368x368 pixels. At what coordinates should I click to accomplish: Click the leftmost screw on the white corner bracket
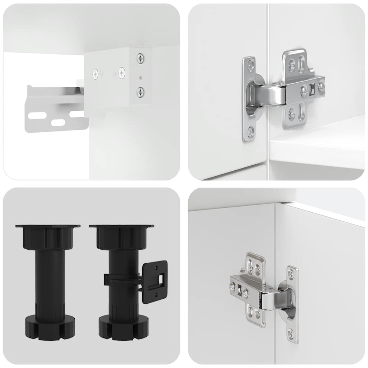click(x=96, y=74)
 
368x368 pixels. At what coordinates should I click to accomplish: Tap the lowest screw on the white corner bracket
click(x=140, y=92)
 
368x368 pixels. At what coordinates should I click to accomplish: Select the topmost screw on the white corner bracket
click(x=140, y=57)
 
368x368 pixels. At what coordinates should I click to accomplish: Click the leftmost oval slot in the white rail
click(x=37, y=116)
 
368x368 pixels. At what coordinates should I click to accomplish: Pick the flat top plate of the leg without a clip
click(x=47, y=226)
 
